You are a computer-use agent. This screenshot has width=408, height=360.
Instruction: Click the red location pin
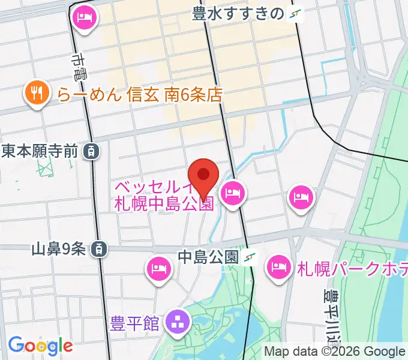pos(203,175)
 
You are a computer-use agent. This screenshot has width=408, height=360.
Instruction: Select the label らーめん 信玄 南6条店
pos(140,94)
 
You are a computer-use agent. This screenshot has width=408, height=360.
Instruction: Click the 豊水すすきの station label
pos(238,14)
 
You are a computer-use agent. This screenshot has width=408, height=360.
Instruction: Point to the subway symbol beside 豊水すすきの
pos(295,14)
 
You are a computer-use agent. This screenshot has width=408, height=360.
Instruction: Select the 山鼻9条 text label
pos(59,248)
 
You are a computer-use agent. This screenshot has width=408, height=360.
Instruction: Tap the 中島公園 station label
pos(208,257)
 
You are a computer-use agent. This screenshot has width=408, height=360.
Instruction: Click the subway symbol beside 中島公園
pos(249,257)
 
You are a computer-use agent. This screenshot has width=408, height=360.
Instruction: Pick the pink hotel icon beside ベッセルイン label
pos(232,193)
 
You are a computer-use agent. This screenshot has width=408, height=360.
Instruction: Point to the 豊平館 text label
pos(135,324)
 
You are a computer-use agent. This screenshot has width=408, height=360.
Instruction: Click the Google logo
pos(40,346)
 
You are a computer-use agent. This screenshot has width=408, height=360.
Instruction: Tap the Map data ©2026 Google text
pos(335,352)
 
